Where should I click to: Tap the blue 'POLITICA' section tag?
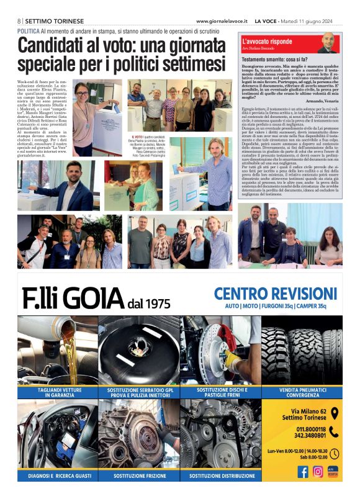[x=29, y=30]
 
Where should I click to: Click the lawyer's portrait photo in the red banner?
[x=328, y=43]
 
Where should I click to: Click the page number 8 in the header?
[x=19, y=20]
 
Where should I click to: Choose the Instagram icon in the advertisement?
[x=318, y=472]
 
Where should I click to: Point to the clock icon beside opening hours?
[x=334, y=454]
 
